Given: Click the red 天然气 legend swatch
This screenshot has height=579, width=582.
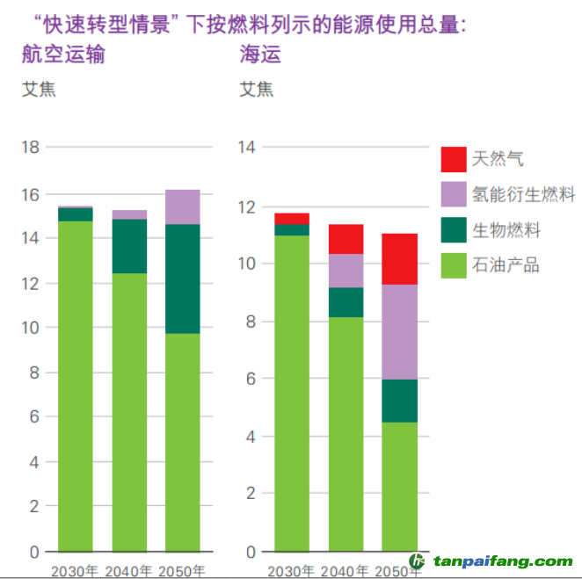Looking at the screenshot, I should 454,159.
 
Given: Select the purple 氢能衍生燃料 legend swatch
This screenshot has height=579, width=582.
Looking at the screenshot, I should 454,195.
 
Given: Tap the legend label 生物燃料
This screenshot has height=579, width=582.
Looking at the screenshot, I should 506,231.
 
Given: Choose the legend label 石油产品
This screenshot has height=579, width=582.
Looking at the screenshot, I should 506,266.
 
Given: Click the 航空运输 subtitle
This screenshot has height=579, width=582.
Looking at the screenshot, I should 63,54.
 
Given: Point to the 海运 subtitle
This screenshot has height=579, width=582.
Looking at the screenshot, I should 260,54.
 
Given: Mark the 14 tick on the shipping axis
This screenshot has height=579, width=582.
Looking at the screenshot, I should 246,148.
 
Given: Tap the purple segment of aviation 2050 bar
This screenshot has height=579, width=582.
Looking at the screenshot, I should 183,207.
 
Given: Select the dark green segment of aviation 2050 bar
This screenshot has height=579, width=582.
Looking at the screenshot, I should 183,279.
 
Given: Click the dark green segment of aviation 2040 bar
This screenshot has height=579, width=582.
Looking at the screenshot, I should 129,246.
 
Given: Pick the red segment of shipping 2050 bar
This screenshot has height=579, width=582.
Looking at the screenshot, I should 400,259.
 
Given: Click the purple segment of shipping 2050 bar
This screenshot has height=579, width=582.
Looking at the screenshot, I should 400,332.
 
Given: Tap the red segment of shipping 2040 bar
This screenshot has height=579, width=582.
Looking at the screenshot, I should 346,239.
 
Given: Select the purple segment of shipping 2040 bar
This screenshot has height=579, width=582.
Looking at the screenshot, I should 346,271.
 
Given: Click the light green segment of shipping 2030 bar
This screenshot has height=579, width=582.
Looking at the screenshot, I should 292,393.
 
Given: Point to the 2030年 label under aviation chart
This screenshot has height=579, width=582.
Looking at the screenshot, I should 75,571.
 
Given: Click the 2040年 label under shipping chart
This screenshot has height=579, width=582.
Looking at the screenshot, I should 346,571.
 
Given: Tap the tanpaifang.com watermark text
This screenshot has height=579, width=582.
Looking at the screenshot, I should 502,561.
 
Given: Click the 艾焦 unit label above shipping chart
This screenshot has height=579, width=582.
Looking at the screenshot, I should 256,89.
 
